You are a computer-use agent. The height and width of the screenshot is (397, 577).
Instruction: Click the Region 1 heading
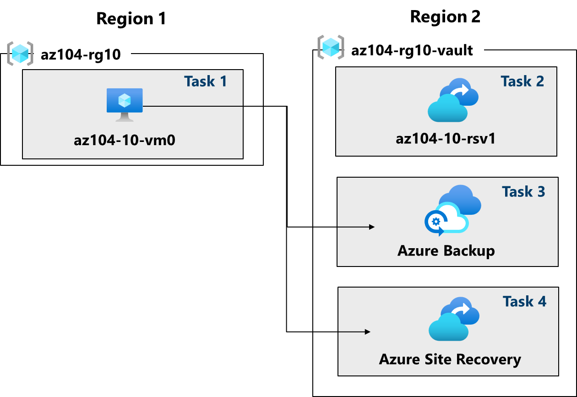pyautogui.click(x=131, y=19)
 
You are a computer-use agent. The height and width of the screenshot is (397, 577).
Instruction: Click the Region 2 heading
pyautogui.click(x=445, y=17)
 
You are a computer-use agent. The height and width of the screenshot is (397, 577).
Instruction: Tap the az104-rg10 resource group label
pyautogui.click(x=81, y=55)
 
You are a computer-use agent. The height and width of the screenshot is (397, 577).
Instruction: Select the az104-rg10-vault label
pyautogui.click(x=412, y=50)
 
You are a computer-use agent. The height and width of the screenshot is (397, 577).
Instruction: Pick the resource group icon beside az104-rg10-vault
pyautogui.click(x=331, y=47)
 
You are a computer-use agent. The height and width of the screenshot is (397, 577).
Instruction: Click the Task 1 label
pyautogui.click(x=205, y=81)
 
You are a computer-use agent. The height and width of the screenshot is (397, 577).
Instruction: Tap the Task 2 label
pyautogui.click(x=522, y=81)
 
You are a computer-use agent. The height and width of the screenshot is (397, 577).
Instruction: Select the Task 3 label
pyautogui.click(x=523, y=191)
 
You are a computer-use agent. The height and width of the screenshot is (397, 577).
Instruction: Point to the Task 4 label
pyautogui.click(x=524, y=301)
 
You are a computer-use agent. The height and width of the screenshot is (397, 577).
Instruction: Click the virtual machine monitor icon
pyautogui.click(x=125, y=104)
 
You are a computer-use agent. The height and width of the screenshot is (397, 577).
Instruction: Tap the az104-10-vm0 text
pyautogui.click(x=125, y=140)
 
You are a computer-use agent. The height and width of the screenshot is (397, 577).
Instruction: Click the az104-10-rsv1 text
pyautogui.click(x=445, y=138)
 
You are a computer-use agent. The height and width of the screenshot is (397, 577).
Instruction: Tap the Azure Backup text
pyautogui.click(x=446, y=250)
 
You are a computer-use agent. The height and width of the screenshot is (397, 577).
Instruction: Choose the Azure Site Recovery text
pyautogui.click(x=450, y=359)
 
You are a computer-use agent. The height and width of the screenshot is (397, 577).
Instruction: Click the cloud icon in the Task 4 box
pyautogui.click(x=453, y=319)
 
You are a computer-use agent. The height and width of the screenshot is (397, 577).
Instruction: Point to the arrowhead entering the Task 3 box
pyautogui.click(x=372, y=227)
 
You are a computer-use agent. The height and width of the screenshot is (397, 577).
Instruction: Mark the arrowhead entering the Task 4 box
pyautogui.click(x=367, y=332)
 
